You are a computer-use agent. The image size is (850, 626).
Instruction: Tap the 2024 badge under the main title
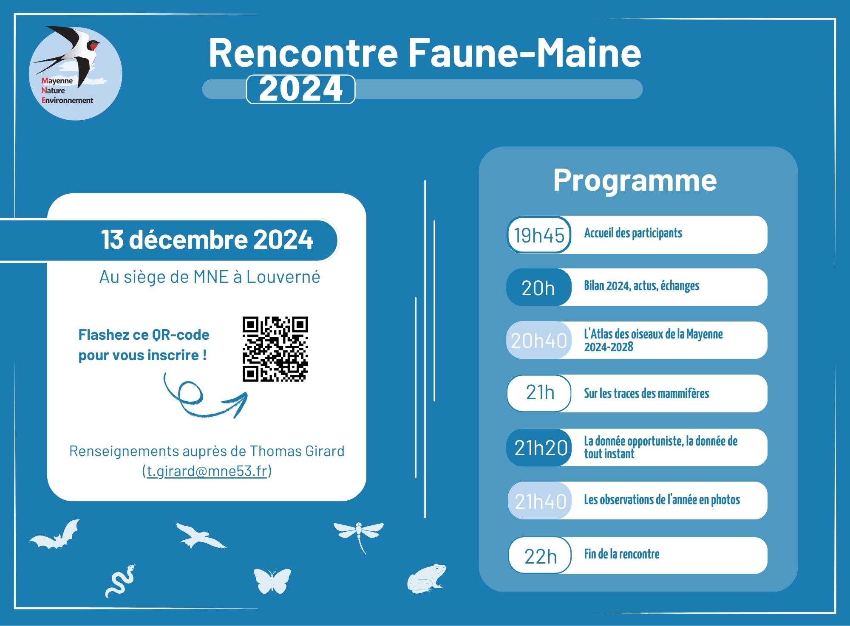coord(300,89)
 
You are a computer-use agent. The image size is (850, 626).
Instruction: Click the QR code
coord(275,349)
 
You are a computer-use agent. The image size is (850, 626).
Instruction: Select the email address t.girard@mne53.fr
coord(207,471)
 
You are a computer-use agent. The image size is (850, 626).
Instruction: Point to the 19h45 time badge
coord(539,235)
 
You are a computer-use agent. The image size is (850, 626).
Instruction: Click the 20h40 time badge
coord(539,340)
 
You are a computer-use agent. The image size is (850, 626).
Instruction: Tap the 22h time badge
coord(540,556)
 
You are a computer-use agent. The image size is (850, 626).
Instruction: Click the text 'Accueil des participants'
coord(633,233)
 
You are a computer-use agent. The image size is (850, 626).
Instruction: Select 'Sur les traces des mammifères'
coord(646,393)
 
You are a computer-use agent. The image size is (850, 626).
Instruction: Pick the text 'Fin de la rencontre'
coord(622,554)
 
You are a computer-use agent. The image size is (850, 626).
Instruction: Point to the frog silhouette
coord(426,578)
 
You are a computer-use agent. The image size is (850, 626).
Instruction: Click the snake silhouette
coord(120,581)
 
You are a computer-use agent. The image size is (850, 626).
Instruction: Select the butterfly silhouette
coord(272,581)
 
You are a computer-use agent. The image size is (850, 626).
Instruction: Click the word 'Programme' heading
coord(635,180)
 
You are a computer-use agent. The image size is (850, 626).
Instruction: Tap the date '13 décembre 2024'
coord(207,239)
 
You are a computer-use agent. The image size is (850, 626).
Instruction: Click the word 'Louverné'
coord(283,276)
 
